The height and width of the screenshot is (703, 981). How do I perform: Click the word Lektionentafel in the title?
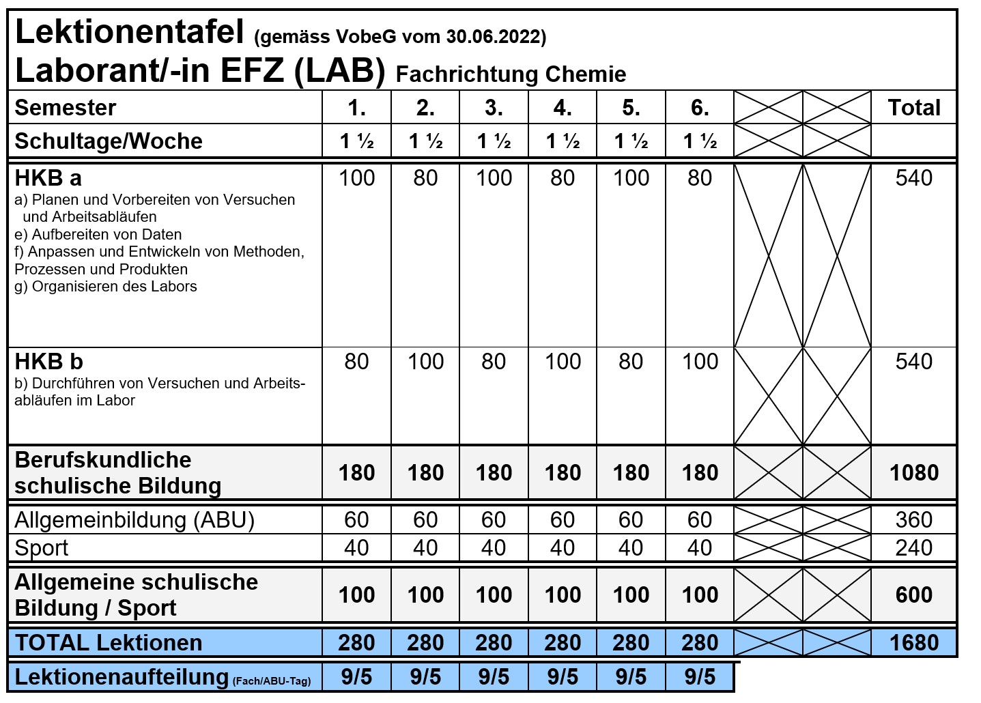click(x=129, y=32)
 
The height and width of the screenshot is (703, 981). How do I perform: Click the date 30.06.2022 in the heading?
click(x=496, y=37)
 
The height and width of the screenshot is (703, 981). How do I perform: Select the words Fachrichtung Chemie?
click(x=511, y=74)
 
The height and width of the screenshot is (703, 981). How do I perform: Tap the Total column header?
click(x=913, y=108)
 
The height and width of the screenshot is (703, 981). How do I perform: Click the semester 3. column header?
click(x=494, y=108)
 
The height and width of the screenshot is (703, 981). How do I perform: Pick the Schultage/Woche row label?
click(x=109, y=141)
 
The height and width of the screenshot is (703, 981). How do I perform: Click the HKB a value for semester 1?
click(x=356, y=178)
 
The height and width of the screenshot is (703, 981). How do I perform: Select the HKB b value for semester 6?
click(x=700, y=362)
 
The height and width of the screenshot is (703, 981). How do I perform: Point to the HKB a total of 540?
click(x=913, y=178)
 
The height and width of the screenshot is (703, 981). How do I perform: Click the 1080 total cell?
click(x=913, y=472)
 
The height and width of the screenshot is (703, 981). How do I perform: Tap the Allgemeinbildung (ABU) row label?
click(x=134, y=520)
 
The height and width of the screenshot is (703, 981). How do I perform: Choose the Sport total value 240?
click(x=913, y=548)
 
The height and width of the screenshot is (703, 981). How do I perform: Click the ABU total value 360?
click(x=913, y=520)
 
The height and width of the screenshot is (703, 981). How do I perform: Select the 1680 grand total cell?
click(x=913, y=643)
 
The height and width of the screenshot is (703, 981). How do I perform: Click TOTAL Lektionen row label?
click(x=109, y=643)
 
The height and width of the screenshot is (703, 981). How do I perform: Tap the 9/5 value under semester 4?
click(x=563, y=677)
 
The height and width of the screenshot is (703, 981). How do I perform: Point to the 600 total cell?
click(x=913, y=594)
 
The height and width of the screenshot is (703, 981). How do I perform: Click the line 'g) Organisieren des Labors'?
click(x=106, y=287)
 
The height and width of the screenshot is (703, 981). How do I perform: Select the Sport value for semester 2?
click(x=425, y=548)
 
